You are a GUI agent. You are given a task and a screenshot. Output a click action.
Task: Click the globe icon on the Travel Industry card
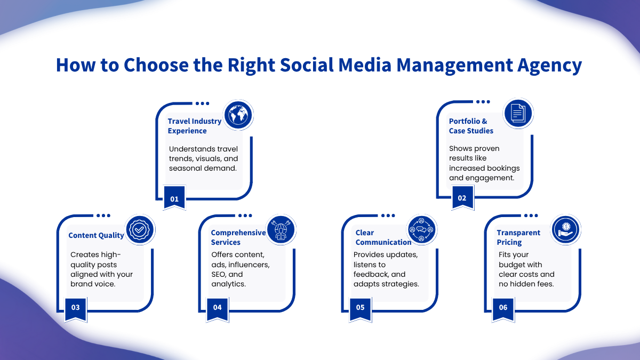[238, 115]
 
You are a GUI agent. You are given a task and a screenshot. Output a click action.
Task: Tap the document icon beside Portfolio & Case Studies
[518, 114]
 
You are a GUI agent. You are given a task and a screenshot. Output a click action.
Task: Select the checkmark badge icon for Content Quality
[140, 230]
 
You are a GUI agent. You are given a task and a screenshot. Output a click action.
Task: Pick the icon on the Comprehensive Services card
[281, 230]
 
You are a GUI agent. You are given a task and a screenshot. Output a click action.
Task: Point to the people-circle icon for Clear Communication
[421, 230]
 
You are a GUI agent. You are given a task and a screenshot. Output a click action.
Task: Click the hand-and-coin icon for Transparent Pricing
[565, 230]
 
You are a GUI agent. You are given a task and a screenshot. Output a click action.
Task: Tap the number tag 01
[174, 198]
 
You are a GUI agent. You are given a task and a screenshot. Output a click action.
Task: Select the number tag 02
[462, 197]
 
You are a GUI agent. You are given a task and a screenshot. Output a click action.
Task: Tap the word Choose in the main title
[156, 65]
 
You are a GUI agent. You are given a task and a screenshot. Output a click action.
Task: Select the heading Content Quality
[97, 235]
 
